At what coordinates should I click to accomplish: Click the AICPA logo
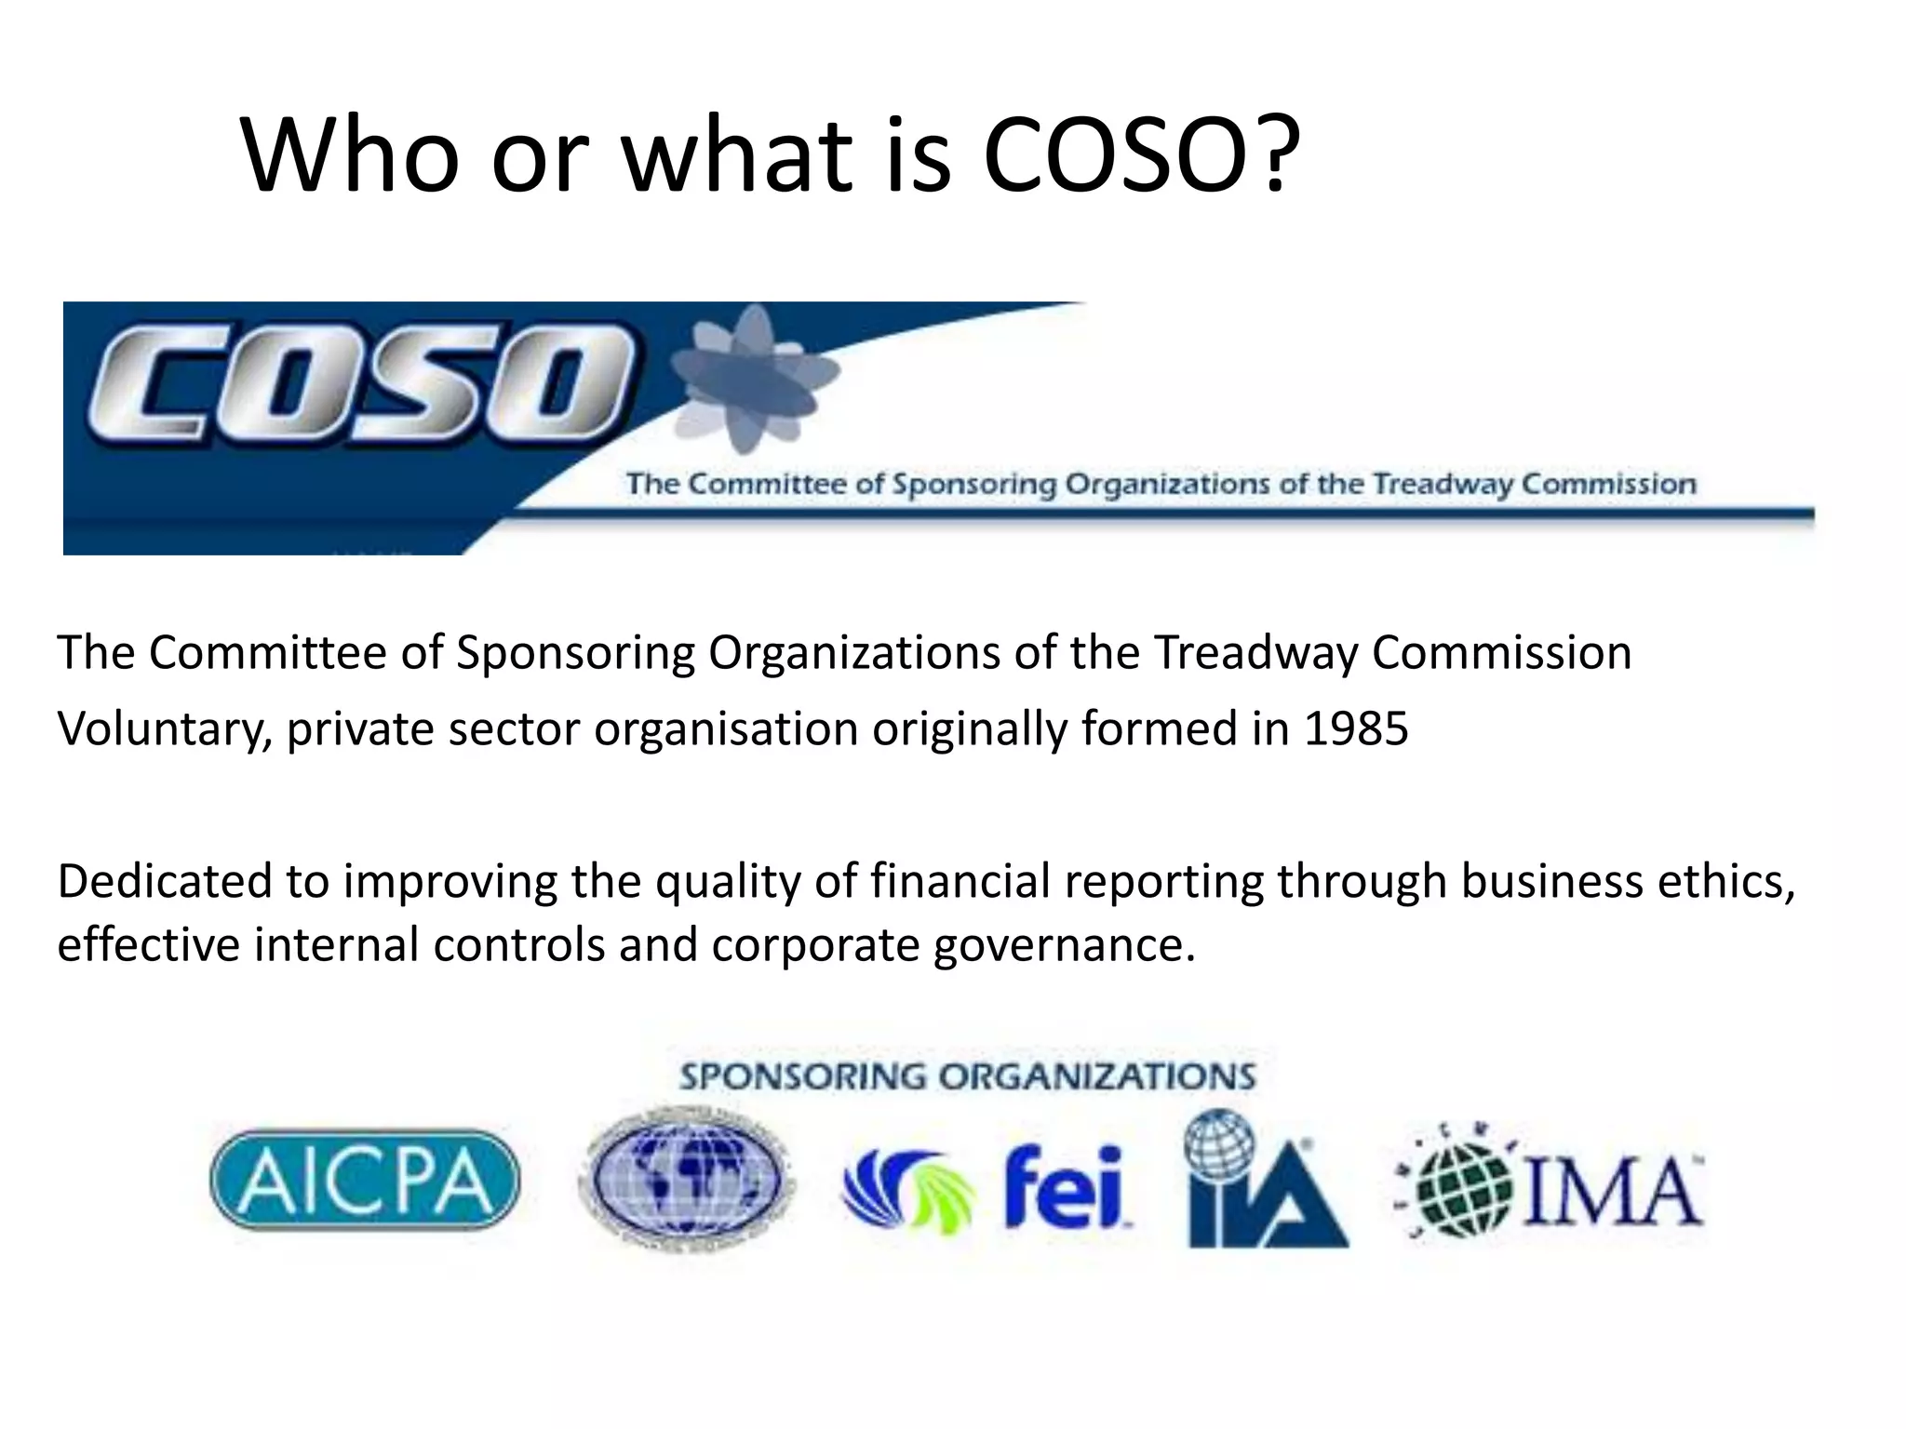pyautogui.click(x=365, y=1180)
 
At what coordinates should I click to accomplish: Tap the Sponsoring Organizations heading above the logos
pyautogui.click(x=967, y=1077)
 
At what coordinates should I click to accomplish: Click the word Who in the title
pyautogui.click(x=351, y=155)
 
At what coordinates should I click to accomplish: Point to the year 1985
pyautogui.click(x=1356, y=728)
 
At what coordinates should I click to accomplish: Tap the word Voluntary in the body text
pyautogui.click(x=165, y=728)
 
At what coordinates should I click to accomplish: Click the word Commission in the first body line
pyautogui.click(x=1501, y=652)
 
